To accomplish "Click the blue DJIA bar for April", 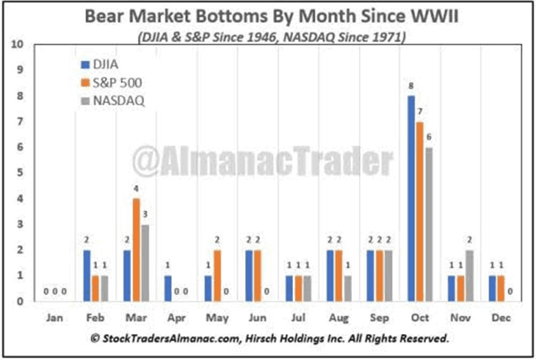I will [x=168, y=288].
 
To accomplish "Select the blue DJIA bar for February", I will [x=86, y=276].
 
